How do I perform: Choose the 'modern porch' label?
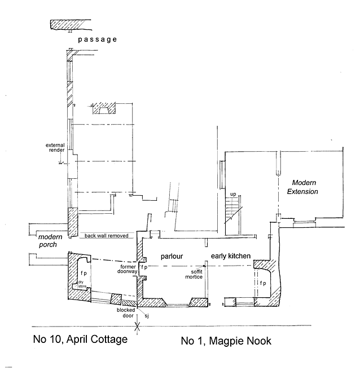49,241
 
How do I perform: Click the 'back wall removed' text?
106,236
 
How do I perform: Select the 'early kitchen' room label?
230,256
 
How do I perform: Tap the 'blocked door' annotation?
125,312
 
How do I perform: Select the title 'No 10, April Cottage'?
78,340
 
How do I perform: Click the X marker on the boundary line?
137,325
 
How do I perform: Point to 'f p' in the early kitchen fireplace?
263,283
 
